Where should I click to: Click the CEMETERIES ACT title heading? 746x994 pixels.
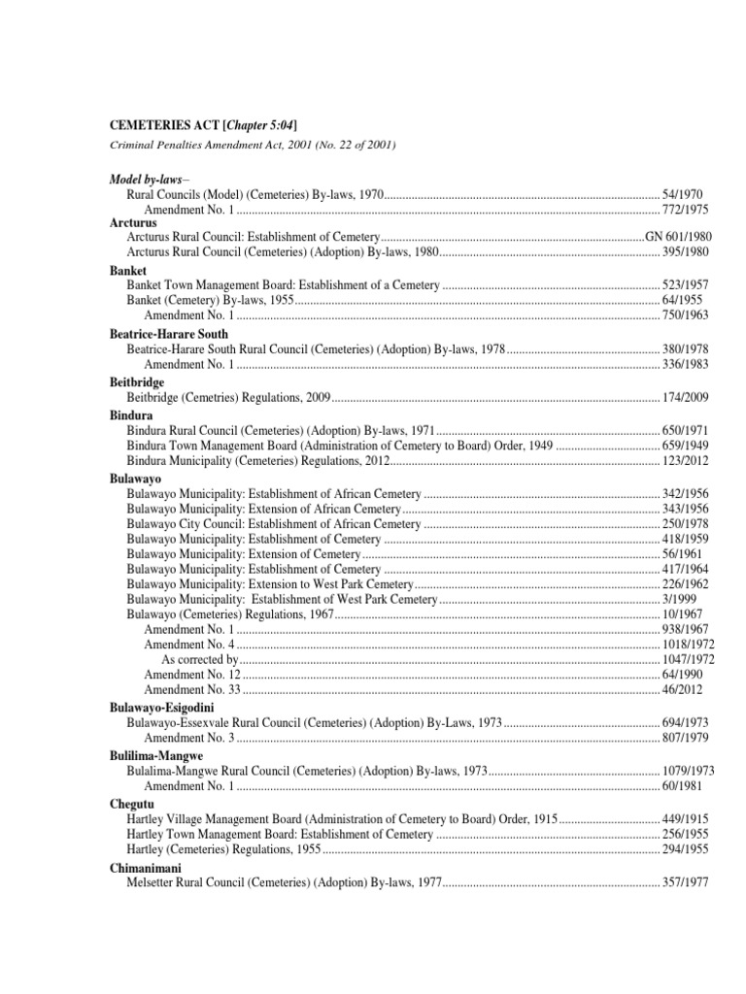coord(203,125)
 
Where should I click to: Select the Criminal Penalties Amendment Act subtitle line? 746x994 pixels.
coord(253,145)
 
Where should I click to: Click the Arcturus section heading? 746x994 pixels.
coord(133,223)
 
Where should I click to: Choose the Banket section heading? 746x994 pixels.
coord(128,272)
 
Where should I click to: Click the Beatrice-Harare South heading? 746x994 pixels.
coord(170,334)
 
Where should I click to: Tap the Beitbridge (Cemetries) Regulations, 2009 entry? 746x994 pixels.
coord(230,398)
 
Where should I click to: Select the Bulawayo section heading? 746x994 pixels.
coord(135,480)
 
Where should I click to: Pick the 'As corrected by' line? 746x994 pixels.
coord(200,659)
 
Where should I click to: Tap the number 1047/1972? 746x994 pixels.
coord(686,659)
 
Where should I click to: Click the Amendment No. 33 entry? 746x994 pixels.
coord(192,689)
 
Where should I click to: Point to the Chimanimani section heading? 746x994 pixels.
coord(145,868)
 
